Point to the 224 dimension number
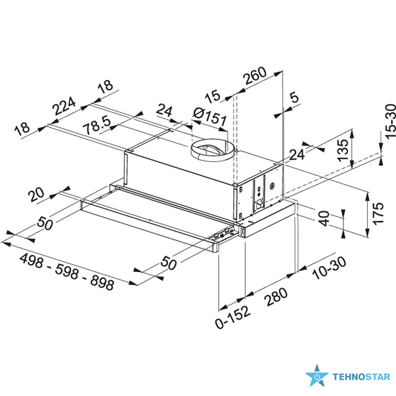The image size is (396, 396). pyautogui.click(x=64, y=105)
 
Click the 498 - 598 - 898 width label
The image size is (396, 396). pyautogui.click(x=67, y=272)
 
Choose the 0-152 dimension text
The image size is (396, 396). pyautogui.click(x=233, y=317)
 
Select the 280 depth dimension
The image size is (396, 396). pyautogui.click(x=276, y=297)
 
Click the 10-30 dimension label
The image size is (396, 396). pyautogui.click(x=329, y=268)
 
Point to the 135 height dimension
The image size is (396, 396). pyautogui.click(x=343, y=150)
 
